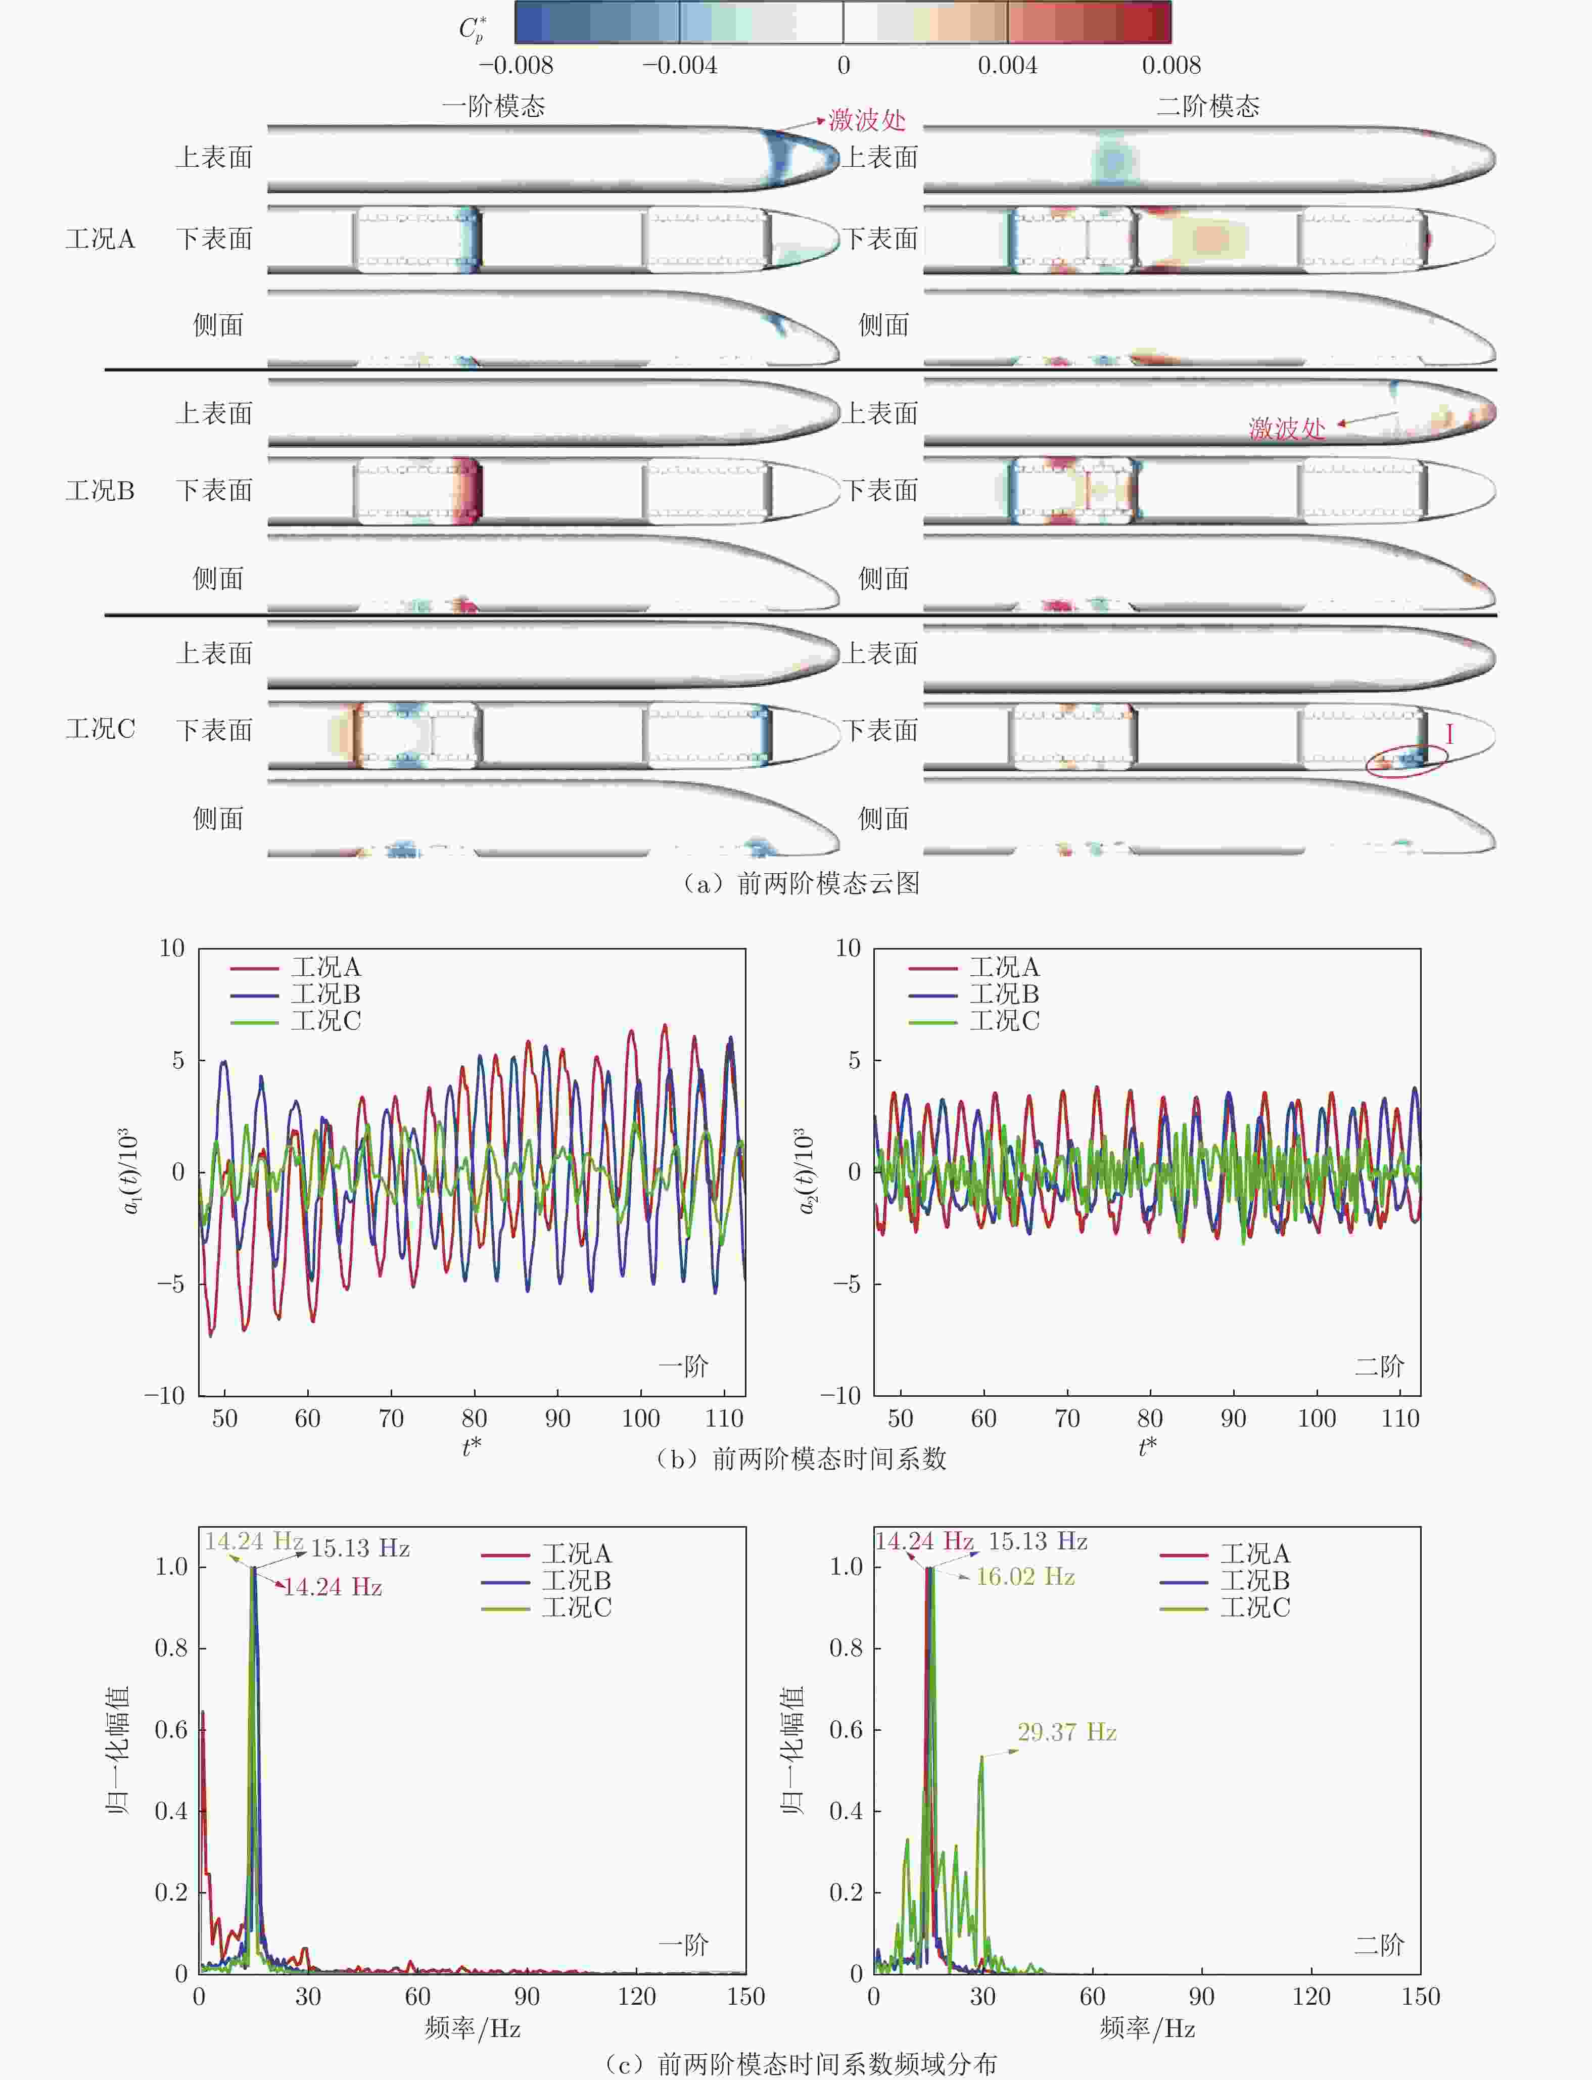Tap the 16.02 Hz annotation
click(1025, 1577)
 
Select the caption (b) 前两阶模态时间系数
click(801, 1459)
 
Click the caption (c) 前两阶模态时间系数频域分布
click(801, 2064)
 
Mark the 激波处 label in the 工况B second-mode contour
click(1287, 429)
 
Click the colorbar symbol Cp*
click(471, 29)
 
